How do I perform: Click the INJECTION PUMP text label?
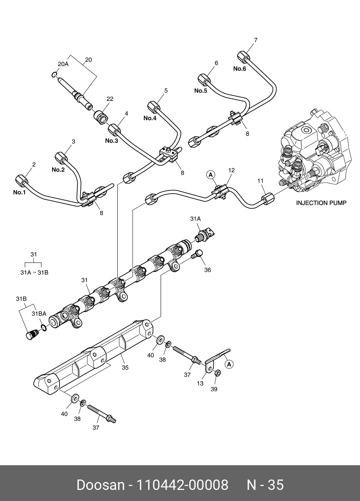(321, 203)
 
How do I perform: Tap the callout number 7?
(256, 40)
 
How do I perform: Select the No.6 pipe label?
(240, 69)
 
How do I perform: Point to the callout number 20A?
(63, 64)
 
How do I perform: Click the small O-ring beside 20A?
(53, 75)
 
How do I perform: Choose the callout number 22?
(110, 99)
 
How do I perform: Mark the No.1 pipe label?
(20, 192)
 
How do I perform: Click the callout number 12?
(231, 170)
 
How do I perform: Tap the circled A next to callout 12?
(211, 175)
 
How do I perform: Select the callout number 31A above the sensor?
(195, 218)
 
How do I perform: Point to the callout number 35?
(125, 367)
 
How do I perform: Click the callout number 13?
(200, 383)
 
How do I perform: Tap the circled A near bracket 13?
(229, 364)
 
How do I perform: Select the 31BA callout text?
(39, 313)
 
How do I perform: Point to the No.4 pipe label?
(150, 118)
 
